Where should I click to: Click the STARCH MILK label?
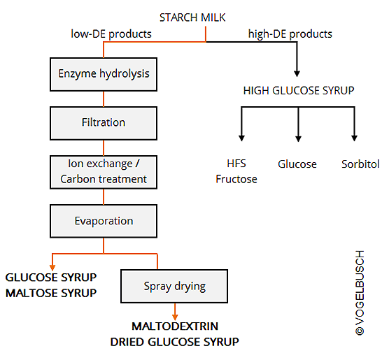pos(192,17)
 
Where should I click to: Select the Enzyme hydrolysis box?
pos(104,75)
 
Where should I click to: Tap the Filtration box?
pos(104,123)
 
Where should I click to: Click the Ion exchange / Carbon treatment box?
pos(104,172)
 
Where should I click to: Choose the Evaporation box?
pos(104,221)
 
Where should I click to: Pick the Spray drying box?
pos(174,286)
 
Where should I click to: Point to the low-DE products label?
pos(111,34)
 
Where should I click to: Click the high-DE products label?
pos(290,34)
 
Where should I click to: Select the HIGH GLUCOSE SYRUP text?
pos(299,91)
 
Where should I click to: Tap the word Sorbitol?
pos(360,164)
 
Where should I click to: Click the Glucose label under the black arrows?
pos(297,164)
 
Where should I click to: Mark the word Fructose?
pos(236,179)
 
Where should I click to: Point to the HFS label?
pos(236,164)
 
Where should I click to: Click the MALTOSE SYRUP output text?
pos(51,293)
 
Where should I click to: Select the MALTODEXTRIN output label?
pos(175,326)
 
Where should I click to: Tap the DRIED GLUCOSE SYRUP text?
pos(174,342)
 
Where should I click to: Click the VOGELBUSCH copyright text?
pos(360,293)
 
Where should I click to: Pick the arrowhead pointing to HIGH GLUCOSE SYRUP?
pos(297,73)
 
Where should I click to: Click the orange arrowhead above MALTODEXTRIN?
pos(175,317)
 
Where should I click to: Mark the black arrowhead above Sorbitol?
pos(355,138)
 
